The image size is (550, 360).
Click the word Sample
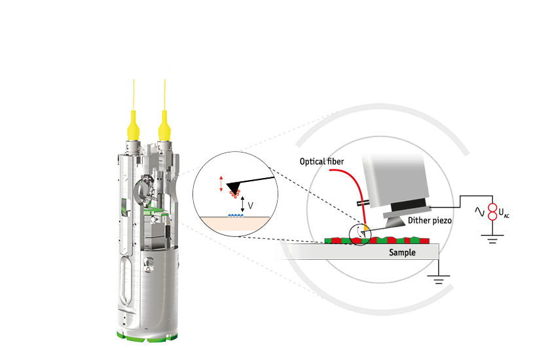pyautogui.click(x=403, y=252)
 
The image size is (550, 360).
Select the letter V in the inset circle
pyautogui.click(x=250, y=204)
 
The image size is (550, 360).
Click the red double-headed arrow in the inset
pyautogui.click(x=221, y=184)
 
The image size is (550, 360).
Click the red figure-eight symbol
pyautogui.click(x=493, y=211)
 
